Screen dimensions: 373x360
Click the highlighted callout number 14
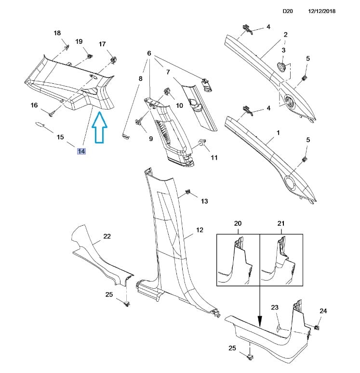click(81, 151)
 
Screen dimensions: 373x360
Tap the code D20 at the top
click(288, 11)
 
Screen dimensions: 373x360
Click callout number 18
click(57, 33)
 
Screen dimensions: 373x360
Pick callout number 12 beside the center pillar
click(200, 230)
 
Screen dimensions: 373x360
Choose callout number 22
click(107, 236)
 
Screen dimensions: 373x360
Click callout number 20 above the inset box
click(238, 224)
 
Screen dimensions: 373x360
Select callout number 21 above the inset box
click(281, 224)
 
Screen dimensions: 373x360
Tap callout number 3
click(283, 51)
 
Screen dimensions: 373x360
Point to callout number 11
click(214, 157)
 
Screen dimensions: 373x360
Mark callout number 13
click(204, 201)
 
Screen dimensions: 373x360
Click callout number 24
click(323, 311)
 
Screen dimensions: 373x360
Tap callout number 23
click(275, 308)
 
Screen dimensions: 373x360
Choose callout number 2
click(285, 35)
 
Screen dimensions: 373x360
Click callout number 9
click(150, 139)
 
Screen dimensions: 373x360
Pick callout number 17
click(102, 44)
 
